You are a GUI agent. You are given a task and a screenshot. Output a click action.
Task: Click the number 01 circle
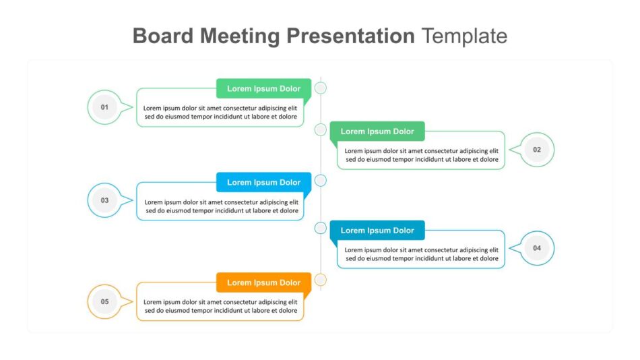tap(104, 107)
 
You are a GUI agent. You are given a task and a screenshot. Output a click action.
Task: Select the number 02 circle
tap(537, 150)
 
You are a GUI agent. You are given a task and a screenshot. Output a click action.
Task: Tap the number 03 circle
tap(104, 200)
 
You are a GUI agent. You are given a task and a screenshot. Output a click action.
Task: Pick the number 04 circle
tap(537, 248)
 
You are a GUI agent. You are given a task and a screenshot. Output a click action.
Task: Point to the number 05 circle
tap(104, 301)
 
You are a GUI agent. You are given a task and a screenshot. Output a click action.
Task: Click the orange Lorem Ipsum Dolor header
tap(263, 282)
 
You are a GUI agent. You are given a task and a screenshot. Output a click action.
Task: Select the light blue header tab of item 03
tap(263, 182)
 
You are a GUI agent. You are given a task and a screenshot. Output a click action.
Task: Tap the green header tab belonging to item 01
tap(263, 89)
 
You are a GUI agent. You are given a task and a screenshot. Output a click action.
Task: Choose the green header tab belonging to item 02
tap(377, 131)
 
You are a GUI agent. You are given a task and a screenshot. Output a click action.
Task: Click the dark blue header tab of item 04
tap(377, 231)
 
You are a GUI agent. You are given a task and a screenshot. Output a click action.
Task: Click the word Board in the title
tap(163, 36)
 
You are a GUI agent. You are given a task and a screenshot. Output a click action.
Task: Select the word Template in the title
tap(464, 36)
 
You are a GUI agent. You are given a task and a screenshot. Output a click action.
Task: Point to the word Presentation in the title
tap(350, 36)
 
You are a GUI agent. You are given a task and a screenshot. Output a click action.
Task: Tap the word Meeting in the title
tap(240, 36)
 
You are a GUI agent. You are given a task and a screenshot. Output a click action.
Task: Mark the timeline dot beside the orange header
tap(321, 280)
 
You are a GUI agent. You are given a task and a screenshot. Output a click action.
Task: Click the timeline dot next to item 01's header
tap(321, 88)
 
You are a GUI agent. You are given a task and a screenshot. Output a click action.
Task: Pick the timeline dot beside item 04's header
tap(321, 228)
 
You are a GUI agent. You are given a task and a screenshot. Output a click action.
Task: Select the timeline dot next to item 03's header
tap(321, 180)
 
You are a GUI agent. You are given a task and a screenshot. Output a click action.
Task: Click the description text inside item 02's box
tap(422, 155)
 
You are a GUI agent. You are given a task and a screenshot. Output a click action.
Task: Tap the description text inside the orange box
tap(220, 306)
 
